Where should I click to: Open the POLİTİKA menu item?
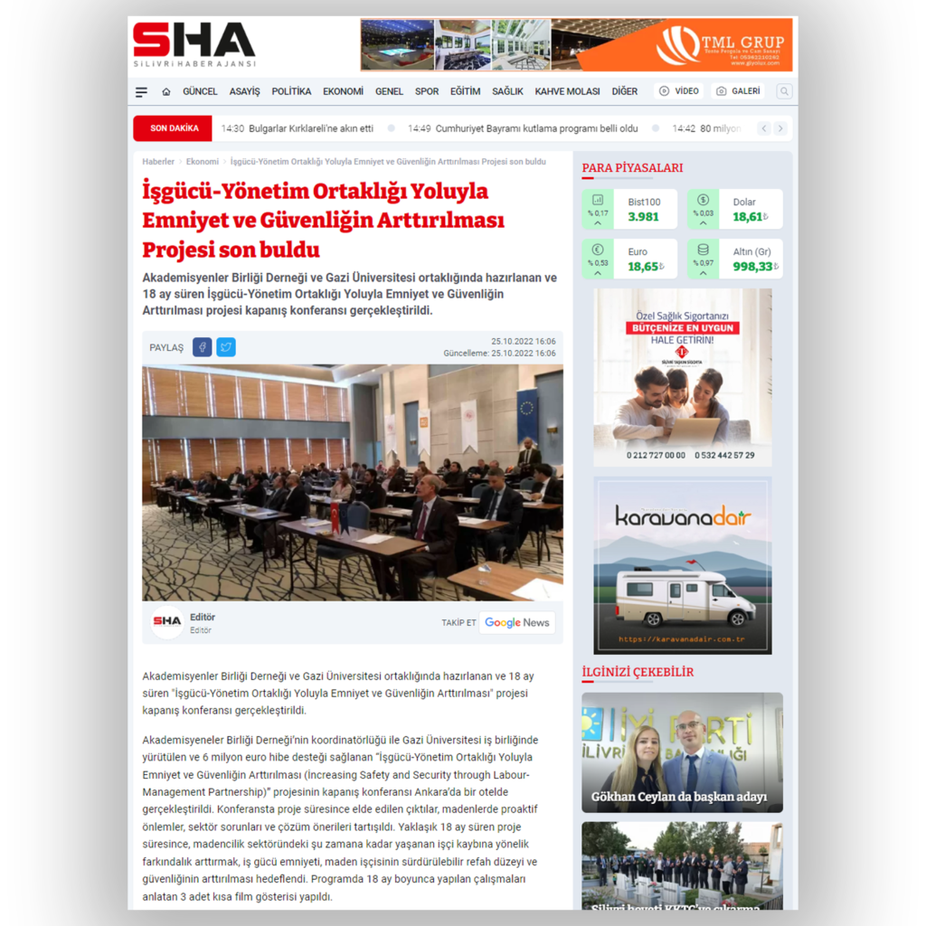point(291,91)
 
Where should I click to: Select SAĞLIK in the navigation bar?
point(507,91)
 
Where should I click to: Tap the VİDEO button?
point(679,91)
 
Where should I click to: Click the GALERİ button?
point(737,91)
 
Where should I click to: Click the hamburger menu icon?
point(141,92)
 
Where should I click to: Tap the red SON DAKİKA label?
point(173,128)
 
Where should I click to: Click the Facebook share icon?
point(202,347)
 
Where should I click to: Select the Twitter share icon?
point(226,347)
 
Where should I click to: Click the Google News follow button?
point(516,622)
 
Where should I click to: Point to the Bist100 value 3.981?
point(644,217)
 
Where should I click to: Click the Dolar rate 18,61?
point(749,217)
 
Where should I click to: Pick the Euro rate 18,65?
point(644,267)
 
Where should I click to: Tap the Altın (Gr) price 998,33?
point(752,267)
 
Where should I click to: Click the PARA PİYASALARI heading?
point(632,168)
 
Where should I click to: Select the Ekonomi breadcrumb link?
point(203,162)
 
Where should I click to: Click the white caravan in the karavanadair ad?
point(684,596)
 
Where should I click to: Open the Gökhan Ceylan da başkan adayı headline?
point(678,797)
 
